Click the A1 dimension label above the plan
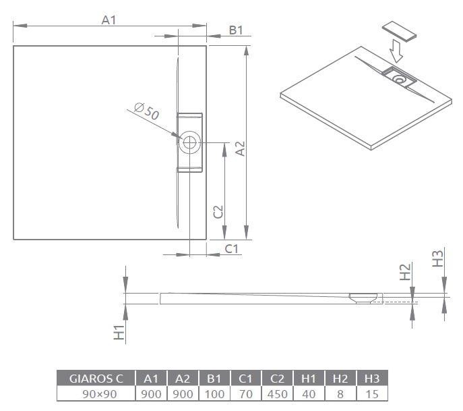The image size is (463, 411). (x=109, y=20)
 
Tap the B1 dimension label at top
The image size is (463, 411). (x=235, y=30)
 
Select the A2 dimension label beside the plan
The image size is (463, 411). (x=239, y=148)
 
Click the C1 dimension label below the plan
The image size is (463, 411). (x=231, y=249)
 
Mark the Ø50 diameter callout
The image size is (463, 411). (x=146, y=112)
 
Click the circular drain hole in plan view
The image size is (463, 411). (x=190, y=142)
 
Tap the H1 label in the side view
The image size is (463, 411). (x=119, y=331)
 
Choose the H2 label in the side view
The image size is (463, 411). (x=405, y=272)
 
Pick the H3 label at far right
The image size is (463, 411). (x=437, y=258)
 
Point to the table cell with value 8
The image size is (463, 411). (x=342, y=393)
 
